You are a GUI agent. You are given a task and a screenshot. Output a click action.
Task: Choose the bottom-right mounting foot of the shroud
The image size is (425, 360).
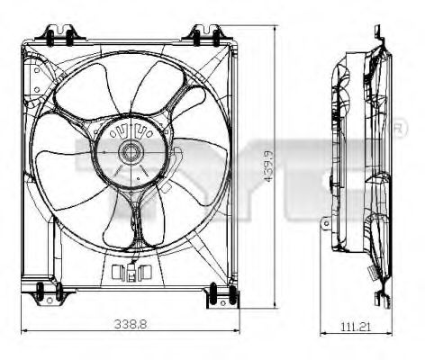click(217, 294)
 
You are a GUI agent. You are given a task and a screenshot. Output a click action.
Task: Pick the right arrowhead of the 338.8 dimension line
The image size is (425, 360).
click(237, 330)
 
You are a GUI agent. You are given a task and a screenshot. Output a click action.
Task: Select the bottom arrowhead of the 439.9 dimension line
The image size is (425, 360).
click(275, 304)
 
